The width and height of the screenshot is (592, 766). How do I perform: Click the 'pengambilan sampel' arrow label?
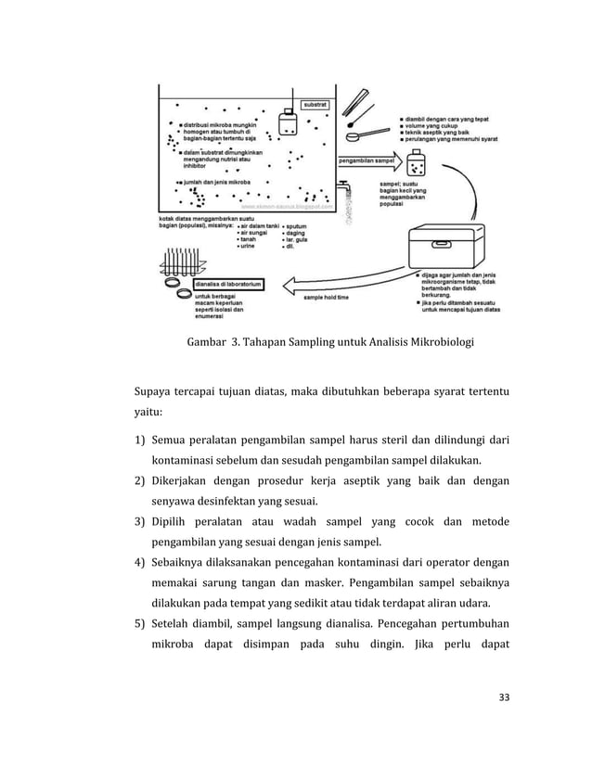[364, 160]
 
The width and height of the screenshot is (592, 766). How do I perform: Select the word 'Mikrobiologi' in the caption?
[439, 342]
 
